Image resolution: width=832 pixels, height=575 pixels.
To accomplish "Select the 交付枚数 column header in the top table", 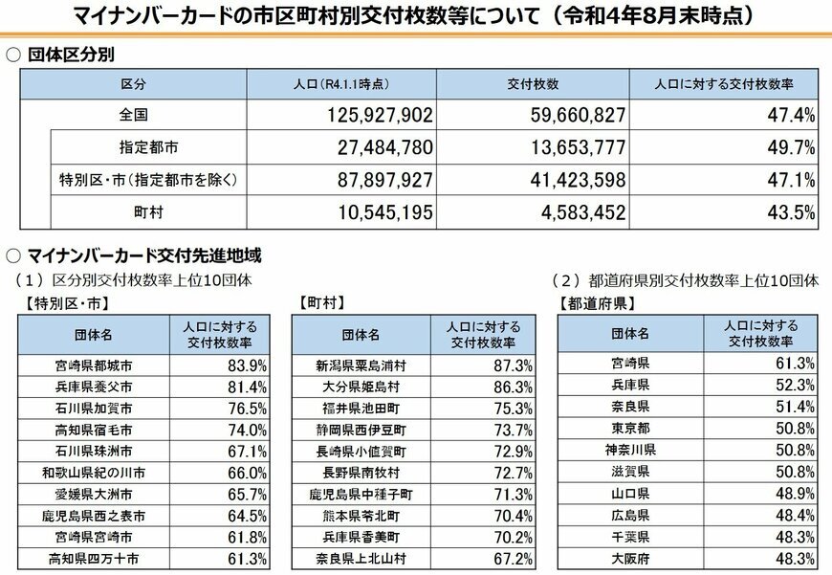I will coord(533,85).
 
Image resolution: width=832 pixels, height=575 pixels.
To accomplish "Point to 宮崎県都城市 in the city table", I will coord(94,365).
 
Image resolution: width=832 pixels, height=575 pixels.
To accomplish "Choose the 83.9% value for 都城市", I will coord(248,365).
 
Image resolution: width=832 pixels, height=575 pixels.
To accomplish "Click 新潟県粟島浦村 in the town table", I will coord(361,365).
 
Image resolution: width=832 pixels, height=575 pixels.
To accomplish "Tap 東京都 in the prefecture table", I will coord(630,427).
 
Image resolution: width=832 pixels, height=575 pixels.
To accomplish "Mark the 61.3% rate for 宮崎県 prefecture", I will coord(795,363).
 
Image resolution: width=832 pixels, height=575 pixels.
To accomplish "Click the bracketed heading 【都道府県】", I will coord(592,304).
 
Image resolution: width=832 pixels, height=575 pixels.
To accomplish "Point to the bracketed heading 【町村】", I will coord(321,303).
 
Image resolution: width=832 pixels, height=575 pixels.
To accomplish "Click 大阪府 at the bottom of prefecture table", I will coord(630,558).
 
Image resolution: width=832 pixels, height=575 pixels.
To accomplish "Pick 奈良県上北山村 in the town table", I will coord(361,558).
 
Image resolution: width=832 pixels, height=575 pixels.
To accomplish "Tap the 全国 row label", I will coord(133,115).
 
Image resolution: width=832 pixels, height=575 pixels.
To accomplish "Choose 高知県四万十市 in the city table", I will coord(94,558).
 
